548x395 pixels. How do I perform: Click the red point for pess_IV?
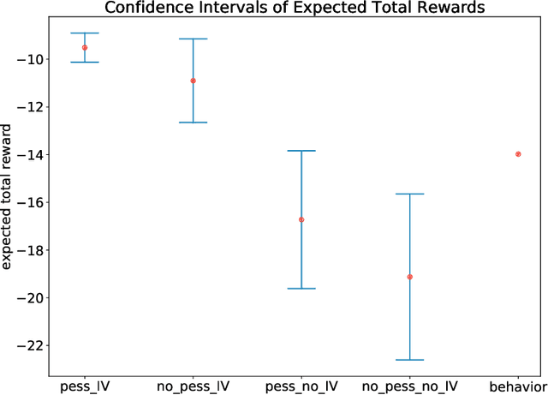[x=84, y=48]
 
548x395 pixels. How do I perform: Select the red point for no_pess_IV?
[x=193, y=81]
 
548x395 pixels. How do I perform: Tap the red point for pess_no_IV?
[x=301, y=219]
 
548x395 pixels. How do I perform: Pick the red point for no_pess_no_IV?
[x=409, y=277]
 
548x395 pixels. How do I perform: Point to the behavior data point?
[x=518, y=153]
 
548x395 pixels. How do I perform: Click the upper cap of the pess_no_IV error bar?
[x=301, y=151]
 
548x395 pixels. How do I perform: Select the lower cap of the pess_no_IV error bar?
[x=301, y=289]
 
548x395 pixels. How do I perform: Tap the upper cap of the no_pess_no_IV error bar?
[x=409, y=194]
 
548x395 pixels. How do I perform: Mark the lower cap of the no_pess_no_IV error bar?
[x=409, y=360]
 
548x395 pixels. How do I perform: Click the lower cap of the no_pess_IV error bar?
[x=193, y=123]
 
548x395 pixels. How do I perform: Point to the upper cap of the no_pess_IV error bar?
[x=193, y=39]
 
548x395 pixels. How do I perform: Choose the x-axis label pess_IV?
[x=84, y=386]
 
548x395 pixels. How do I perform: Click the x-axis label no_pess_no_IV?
[x=409, y=386]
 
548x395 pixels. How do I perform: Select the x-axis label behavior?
[x=518, y=386]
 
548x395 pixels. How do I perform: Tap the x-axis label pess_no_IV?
[x=301, y=386]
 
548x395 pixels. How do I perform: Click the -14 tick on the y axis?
[x=33, y=154]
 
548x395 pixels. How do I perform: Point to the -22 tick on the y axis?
[x=33, y=345]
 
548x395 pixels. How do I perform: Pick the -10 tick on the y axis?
[x=33, y=59]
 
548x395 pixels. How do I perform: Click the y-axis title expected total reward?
[x=8, y=197]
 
